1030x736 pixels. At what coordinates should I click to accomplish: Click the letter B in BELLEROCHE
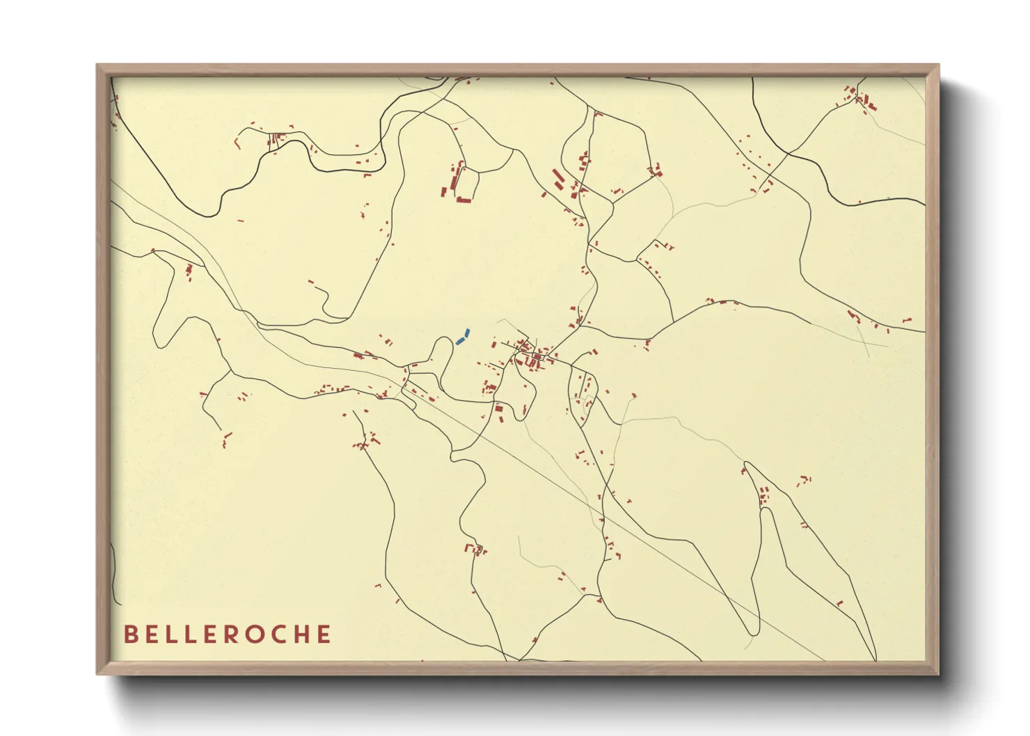(x=130, y=634)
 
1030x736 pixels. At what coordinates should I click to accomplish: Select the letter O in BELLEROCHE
(x=251, y=634)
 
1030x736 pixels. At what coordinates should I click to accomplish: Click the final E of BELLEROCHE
(x=324, y=634)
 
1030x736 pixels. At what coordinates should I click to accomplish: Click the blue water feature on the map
(x=462, y=337)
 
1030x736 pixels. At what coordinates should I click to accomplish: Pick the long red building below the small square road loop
(x=463, y=200)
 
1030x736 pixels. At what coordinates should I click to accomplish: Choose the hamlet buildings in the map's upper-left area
(x=276, y=138)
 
